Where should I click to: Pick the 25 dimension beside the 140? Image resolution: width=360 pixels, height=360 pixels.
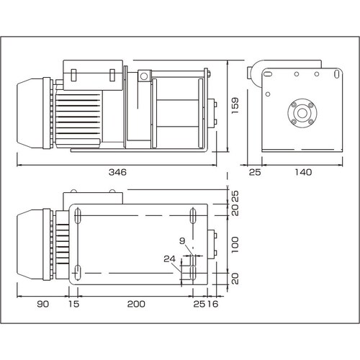click(253, 173)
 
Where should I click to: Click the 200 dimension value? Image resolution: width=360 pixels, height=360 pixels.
click(135, 305)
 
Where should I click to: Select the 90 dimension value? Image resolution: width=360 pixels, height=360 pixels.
click(42, 305)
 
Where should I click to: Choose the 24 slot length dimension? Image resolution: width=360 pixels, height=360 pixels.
click(168, 258)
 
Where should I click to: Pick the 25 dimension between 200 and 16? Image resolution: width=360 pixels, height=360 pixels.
click(199, 305)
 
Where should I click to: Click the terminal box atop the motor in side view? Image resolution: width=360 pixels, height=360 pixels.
click(94, 75)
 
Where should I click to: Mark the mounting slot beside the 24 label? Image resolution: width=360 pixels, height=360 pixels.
click(192, 272)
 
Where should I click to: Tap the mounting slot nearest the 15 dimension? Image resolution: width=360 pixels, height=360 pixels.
click(77, 272)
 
